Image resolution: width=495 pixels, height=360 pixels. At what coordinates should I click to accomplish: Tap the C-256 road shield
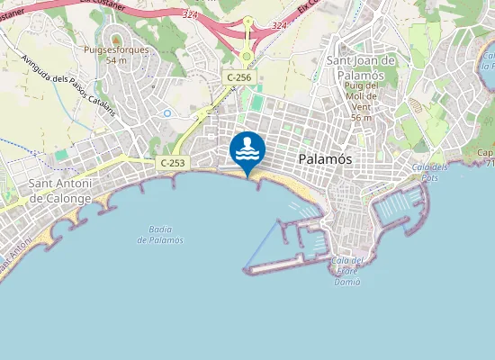click(x=238, y=78)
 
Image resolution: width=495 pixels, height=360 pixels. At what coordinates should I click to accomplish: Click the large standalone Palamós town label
click(x=324, y=159)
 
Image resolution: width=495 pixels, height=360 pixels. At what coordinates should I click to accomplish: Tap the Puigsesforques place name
click(x=115, y=50)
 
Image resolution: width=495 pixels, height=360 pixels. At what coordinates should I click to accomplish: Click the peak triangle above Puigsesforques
click(x=115, y=40)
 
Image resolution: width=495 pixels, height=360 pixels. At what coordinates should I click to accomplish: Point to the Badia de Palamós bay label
click(x=160, y=234)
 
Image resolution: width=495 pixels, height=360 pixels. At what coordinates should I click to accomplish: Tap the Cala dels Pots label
click(x=428, y=172)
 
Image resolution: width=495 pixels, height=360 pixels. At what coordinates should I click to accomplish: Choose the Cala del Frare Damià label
click(x=346, y=271)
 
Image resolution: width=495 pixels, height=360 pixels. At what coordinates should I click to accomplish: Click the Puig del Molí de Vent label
click(x=362, y=102)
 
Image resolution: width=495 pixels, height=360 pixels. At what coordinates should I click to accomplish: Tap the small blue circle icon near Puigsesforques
click(x=167, y=112)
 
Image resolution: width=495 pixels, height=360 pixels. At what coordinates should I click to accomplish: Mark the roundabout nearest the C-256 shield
click(x=246, y=56)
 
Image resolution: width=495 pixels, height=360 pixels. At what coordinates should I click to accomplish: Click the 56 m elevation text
click(x=362, y=118)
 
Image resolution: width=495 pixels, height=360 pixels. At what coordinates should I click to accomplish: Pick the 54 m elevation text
click(x=115, y=60)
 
